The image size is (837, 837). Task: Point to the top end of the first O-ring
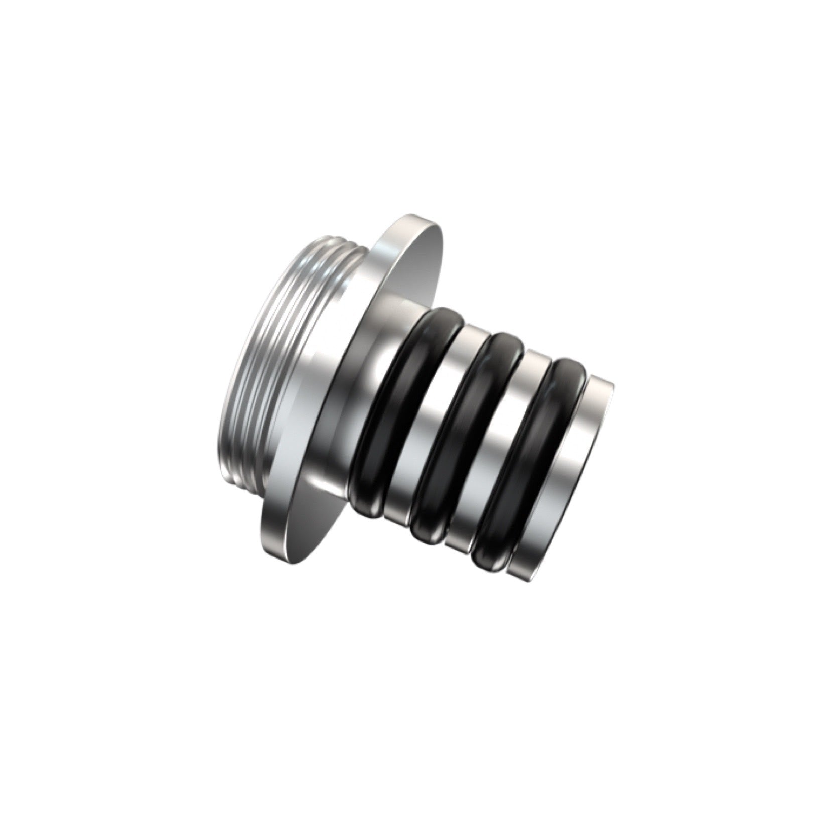coord(442,316)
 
